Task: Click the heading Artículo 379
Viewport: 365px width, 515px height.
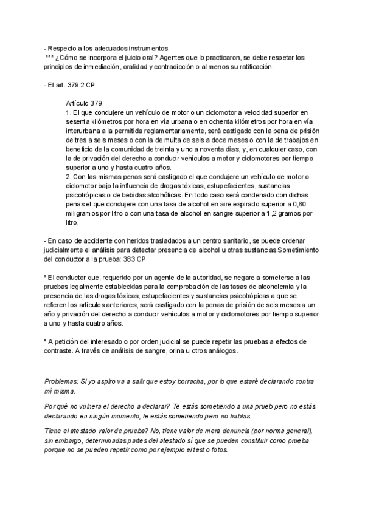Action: pos(88,103)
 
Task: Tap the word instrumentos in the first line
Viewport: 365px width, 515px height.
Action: pos(146,49)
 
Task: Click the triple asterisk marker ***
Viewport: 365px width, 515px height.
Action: pos(50,58)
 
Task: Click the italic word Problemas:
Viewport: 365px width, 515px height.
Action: pos(61,381)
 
